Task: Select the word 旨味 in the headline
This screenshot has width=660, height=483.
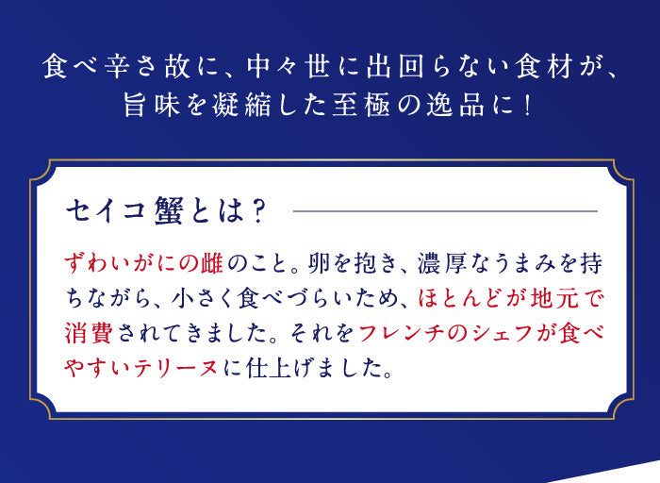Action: [153, 105]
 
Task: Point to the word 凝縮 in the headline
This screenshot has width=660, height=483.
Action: [242, 105]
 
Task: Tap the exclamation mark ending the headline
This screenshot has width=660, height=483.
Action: [526, 106]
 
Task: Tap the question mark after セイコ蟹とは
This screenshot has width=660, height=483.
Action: [256, 211]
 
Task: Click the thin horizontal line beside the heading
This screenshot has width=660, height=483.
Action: [445, 211]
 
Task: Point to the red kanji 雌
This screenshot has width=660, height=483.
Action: [211, 264]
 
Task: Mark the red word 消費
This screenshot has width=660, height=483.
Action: [89, 334]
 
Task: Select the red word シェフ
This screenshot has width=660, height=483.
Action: [503, 334]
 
